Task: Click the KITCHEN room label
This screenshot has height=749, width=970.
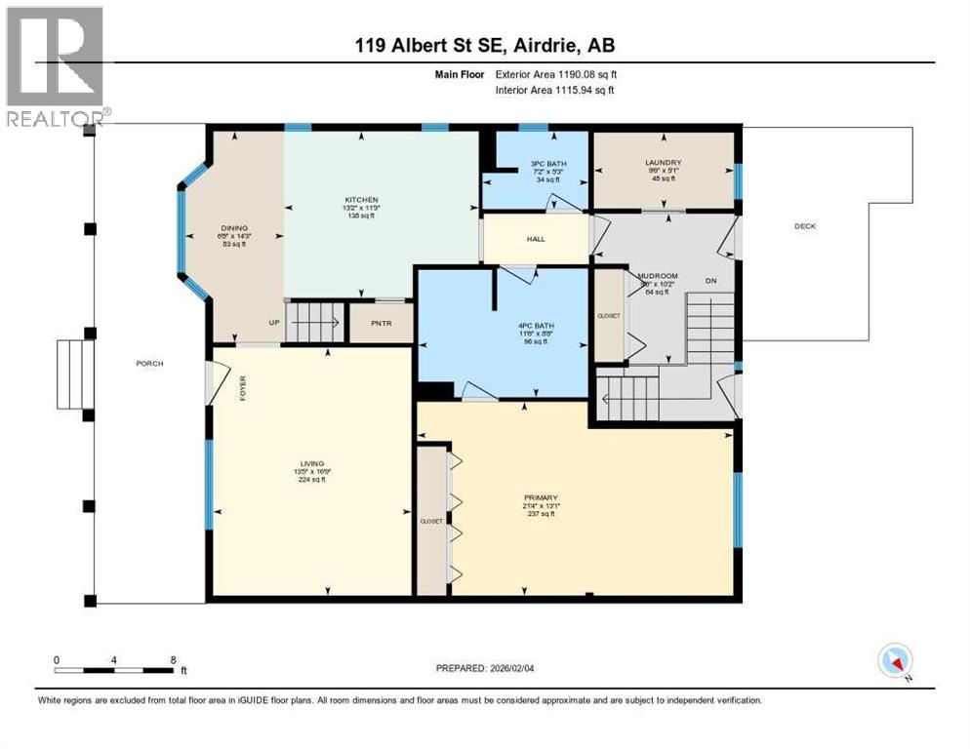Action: pos(360,199)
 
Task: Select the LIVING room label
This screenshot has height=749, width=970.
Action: pos(312,463)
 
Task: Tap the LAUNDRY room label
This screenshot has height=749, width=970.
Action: pos(662,163)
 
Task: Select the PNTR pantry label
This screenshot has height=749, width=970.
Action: pos(381,323)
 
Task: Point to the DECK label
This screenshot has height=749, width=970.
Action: pos(804,226)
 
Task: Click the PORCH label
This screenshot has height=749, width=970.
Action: pos(149,363)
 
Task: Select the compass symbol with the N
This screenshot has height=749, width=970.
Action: pos(895,661)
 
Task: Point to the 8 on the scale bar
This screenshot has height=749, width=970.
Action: pos(173,659)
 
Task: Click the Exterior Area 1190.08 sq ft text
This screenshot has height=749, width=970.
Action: pos(556,74)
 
